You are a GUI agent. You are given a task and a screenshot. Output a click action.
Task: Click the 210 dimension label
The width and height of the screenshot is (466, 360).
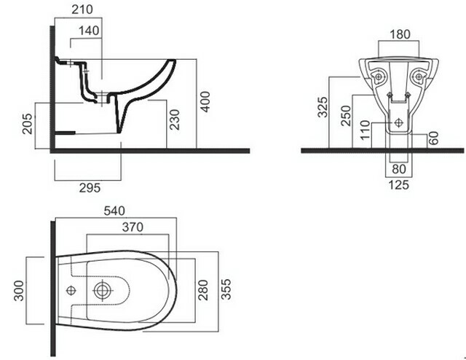click(82, 9)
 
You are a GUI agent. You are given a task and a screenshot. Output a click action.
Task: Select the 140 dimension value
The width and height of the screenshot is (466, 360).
click(89, 31)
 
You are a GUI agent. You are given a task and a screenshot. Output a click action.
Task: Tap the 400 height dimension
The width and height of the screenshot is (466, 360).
click(205, 102)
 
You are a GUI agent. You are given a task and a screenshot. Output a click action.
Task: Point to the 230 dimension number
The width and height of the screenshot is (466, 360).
click(175, 120)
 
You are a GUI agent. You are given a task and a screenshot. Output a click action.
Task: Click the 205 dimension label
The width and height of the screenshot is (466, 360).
click(28, 123)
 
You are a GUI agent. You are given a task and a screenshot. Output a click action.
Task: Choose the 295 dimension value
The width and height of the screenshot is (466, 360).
click(90, 188)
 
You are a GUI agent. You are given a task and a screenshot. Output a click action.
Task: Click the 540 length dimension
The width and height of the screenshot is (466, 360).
click(114, 211)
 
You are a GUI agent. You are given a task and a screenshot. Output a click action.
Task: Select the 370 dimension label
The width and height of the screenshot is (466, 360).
click(133, 227)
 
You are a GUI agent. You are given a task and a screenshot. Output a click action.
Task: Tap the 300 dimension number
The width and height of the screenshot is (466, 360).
click(19, 291)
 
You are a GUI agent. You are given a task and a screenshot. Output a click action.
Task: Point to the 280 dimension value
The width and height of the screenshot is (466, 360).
click(203, 290)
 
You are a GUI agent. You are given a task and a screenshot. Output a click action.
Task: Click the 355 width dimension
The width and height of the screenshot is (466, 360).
click(226, 289)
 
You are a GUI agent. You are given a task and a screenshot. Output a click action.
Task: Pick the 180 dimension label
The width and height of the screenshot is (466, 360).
click(400, 34)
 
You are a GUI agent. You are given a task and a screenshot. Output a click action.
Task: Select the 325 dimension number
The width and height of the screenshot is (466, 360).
click(323, 107)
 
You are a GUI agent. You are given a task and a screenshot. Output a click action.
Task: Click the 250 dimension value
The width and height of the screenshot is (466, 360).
click(346, 115)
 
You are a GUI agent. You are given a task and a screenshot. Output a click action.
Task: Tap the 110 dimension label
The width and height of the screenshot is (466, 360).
click(365, 130)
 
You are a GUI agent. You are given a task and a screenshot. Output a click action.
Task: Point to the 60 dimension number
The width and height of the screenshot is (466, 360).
click(434, 138)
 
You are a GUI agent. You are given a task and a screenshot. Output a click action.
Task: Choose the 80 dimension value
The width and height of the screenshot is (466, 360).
click(399, 169)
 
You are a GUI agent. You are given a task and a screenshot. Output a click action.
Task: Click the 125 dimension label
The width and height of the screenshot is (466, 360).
click(399, 185)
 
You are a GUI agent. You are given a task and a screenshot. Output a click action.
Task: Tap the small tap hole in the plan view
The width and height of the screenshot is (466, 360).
click(71, 290)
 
